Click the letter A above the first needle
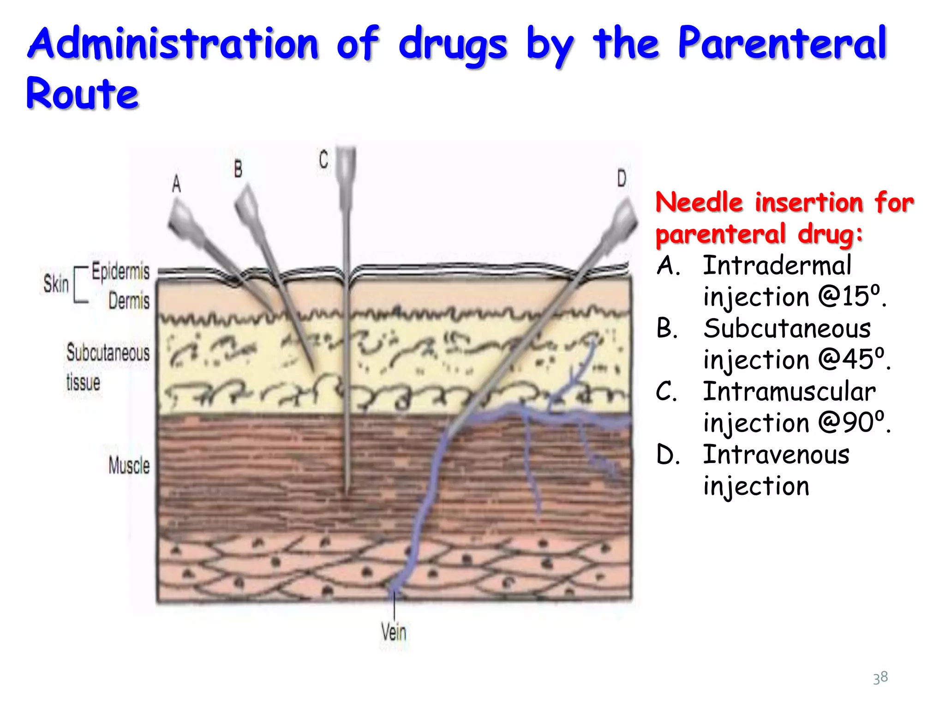(x=176, y=184)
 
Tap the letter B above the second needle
(x=238, y=168)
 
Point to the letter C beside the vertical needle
(x=323, y=160)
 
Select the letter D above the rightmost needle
(x=622, y=178)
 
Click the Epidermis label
(x=120, y=271)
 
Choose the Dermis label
(x=129, y=300)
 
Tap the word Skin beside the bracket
(x=56, y=283)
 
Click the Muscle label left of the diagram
(x=129, y=465)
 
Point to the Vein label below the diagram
(x=394, y=631)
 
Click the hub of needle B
(x=248, y=203)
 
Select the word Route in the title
(x=82, y=94)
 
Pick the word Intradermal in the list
(x=777, y=266)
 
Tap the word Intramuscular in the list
(x=789, y=392)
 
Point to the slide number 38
(x=880, y=678)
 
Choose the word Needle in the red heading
(x=699, y=203)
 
